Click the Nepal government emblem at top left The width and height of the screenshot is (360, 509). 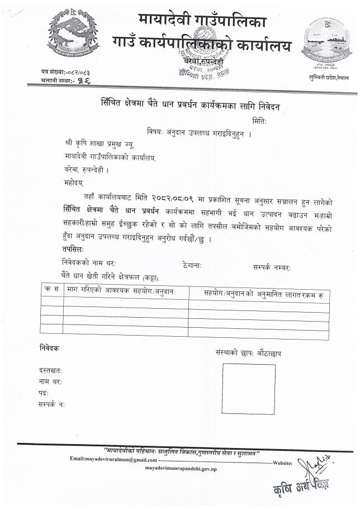coord(73,36)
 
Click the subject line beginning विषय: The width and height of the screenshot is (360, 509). coord(199,134)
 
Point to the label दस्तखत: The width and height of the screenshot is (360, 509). coord(50,370)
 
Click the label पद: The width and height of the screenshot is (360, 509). coord(44,393)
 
